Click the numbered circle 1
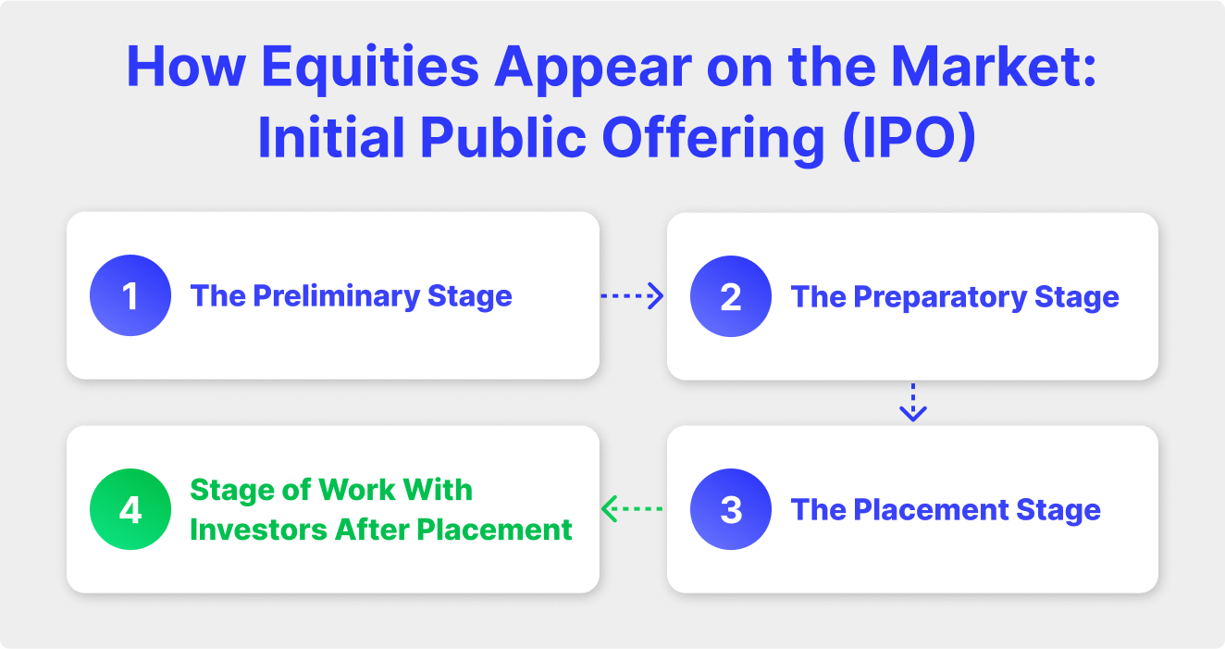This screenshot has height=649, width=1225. (x=130, y=295)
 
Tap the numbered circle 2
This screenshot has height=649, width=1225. (x=731, y=296)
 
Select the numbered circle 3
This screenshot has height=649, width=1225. (x=731, y=509)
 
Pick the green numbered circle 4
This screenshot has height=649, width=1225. (x=130, y=509)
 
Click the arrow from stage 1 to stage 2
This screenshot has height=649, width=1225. (x=633, y=296)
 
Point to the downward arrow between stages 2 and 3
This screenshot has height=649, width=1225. (x=912, y=402)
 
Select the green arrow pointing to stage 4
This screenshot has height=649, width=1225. (x=633, y=508)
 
